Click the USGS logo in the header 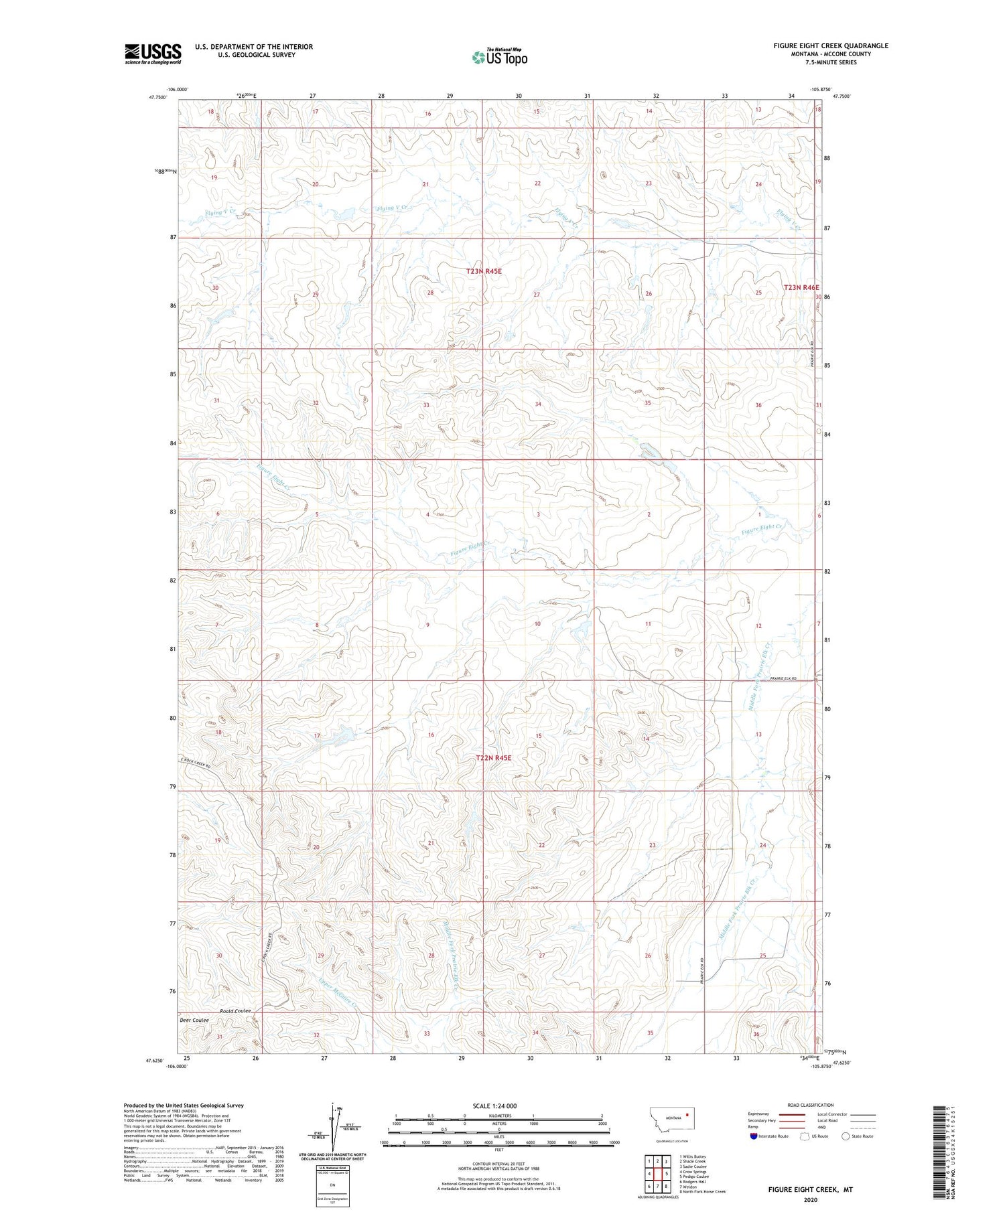tap(153, 54)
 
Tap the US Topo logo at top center tap(499, 57)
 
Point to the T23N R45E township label tap(484, 271)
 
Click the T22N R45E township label tap(493, 758)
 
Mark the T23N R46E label tap(801, 287)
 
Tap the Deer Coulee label tap(194, 1020)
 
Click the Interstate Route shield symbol tap(754, 1136)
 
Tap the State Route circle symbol tap(846, 1136)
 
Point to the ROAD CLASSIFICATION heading tap(811, 1105)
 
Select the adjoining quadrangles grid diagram tap(657, 1174)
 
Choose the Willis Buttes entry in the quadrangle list tap(692, 1156)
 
